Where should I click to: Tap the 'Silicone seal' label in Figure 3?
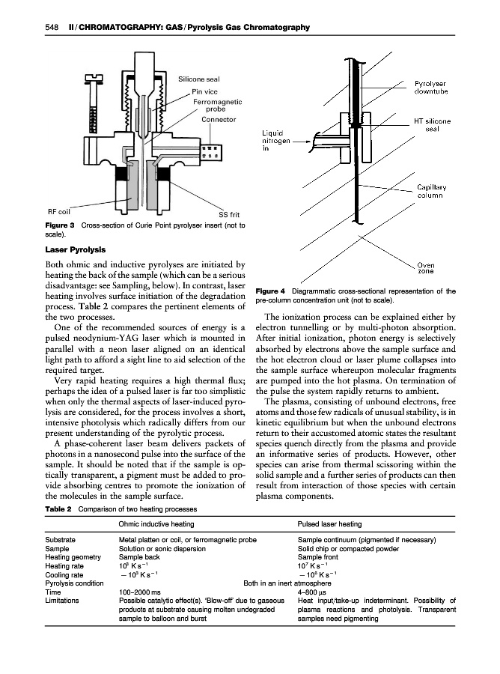coord(199,79)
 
